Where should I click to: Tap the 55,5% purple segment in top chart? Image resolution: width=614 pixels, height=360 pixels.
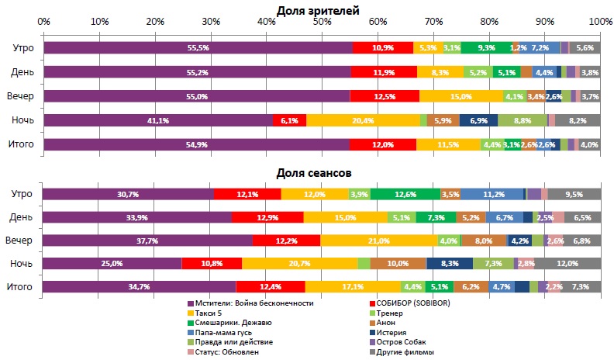pyautogui.click(x=198, y=48)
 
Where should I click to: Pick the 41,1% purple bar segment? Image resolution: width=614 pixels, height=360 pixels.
pyautogui.click(x=158, y=120)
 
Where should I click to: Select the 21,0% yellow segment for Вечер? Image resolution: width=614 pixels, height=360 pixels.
pyautogui.click(x=379, y=241)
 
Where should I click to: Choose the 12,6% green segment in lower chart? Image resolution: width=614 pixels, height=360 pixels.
pyautogui.click(x=405, y=194)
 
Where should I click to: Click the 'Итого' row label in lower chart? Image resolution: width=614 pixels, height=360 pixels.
pyautogui.click(x=19, y=287)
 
